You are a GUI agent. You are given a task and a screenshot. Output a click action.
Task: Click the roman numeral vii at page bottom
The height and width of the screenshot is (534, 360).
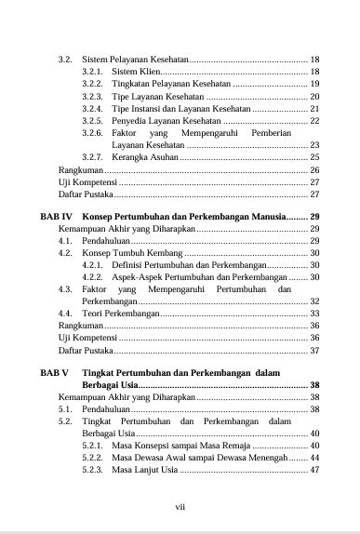point(180,506)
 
